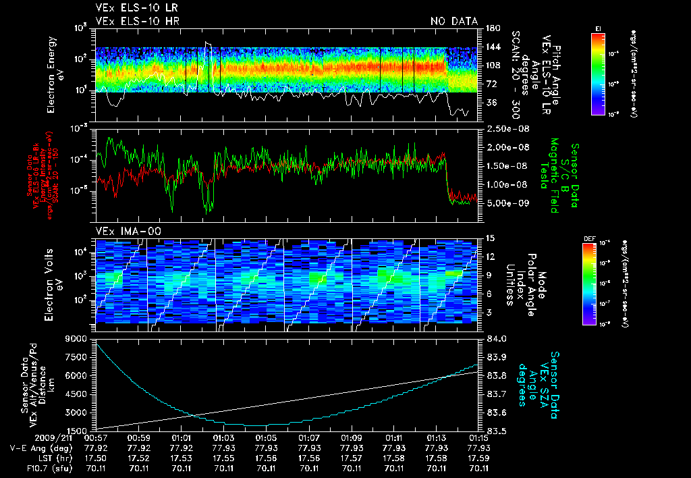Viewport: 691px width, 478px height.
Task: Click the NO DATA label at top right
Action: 453,22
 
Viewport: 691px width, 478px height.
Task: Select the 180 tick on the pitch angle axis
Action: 492,28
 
